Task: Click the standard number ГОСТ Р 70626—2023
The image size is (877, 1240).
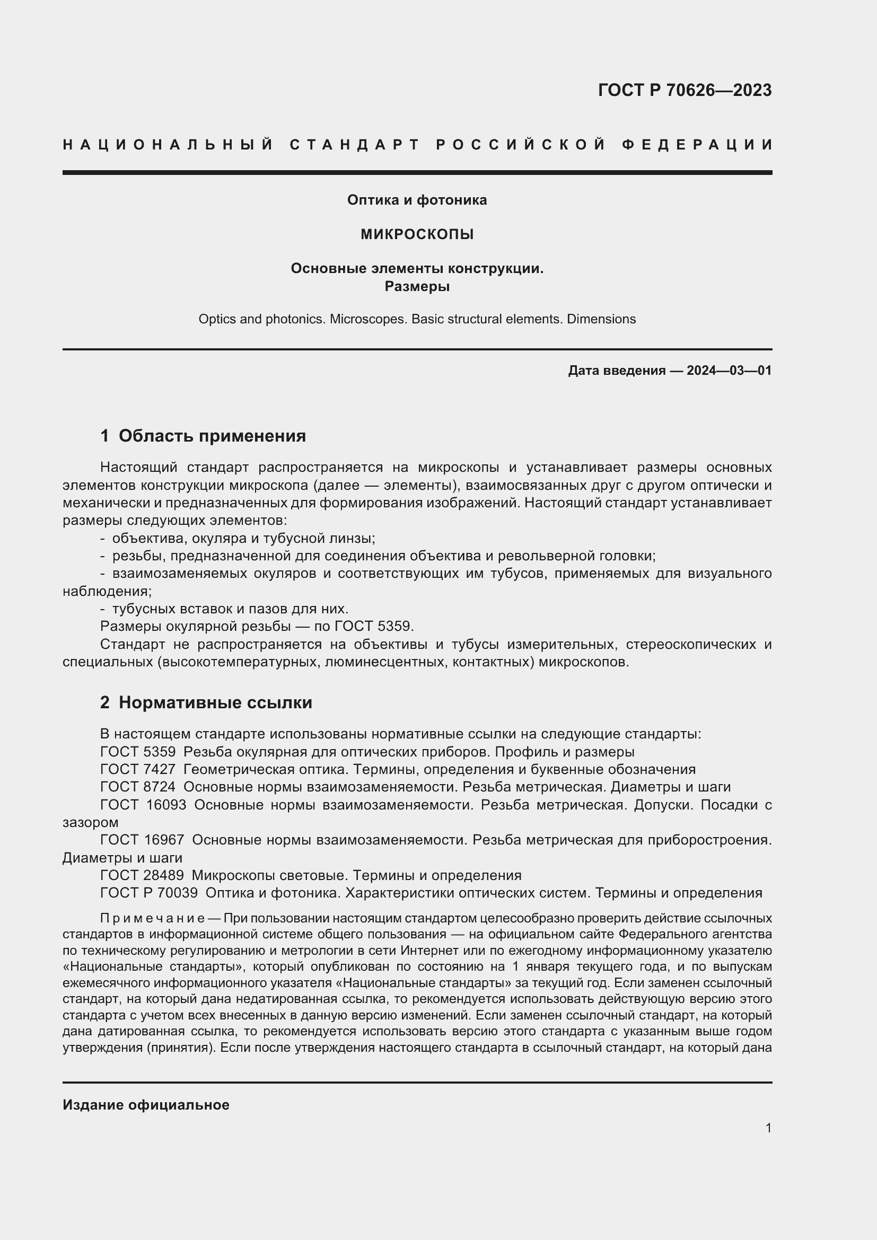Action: click(x=684, y=90)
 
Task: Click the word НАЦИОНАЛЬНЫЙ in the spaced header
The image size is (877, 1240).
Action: click(x=168, y=145)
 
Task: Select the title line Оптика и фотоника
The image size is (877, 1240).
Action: click(x=417, y=200)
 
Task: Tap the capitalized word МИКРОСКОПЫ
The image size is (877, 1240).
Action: click(x=417, y=234)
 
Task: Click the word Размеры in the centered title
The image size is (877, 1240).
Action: click(x=417, y=286)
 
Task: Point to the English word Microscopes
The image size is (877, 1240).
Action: click(x=367, y=319)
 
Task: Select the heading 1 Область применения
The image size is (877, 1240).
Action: click(x=203, y=436)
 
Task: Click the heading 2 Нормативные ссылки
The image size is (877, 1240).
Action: click(x=206, y=702)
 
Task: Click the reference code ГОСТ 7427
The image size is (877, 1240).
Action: click(x=138, y=769)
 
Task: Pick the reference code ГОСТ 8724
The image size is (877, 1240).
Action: click(x=138, y=787)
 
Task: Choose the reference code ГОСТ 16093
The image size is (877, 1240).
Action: click(x=143, y=805)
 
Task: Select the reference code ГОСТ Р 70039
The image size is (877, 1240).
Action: click(x=149, y=893)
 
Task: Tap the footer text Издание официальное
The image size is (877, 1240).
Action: click(x=146, y=1105)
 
